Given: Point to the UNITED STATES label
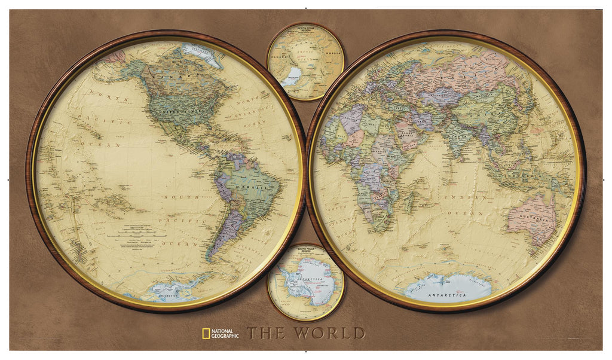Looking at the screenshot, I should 175,111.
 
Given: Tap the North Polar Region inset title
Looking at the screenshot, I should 305,30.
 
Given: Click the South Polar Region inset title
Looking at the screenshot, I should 305,251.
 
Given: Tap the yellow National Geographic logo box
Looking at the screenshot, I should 205,332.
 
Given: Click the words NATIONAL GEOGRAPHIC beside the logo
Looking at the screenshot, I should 225,333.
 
